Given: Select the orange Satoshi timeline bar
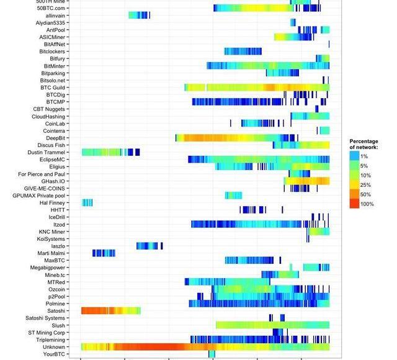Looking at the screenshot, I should tap(110, 311).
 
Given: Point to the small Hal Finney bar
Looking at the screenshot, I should tap(87, 202).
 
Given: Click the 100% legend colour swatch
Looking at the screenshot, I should tap(354, 204).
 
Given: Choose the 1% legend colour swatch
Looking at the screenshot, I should tap(354, 156).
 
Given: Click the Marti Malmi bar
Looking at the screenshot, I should tap(104, 253).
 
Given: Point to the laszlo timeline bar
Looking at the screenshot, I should tap(149, 246).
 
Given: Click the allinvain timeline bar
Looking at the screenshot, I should tap(138, 15).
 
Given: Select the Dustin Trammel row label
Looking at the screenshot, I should tap(46, 152).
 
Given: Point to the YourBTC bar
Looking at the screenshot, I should tap(212, 354).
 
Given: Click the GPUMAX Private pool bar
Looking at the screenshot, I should tap(233, 196).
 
